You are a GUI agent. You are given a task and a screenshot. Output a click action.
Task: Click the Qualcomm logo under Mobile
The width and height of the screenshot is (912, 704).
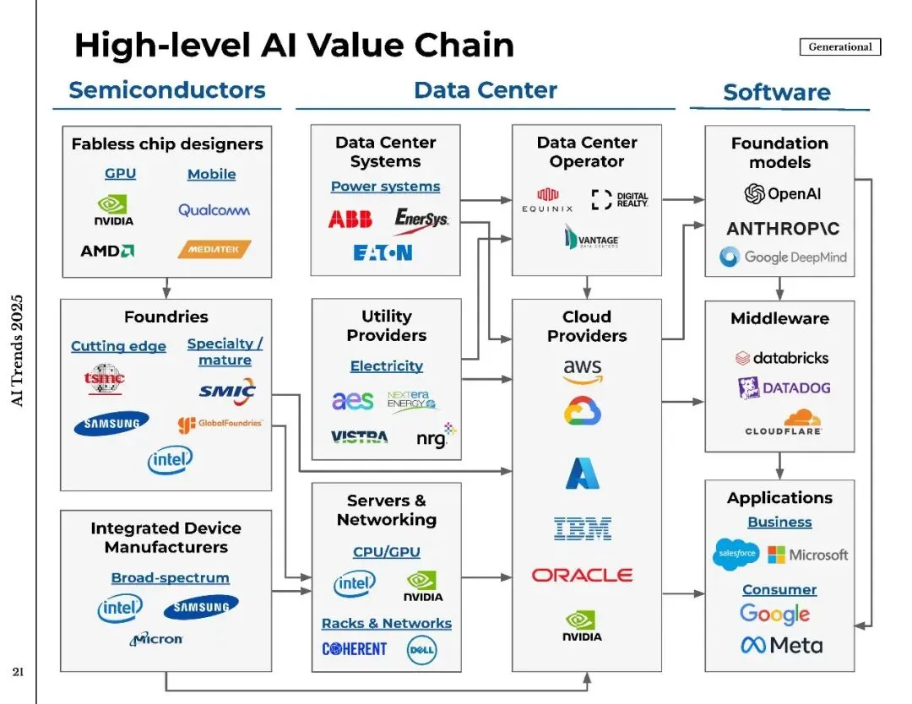(214, 210)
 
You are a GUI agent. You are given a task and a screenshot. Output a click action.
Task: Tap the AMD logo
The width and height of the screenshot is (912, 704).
(107, 251)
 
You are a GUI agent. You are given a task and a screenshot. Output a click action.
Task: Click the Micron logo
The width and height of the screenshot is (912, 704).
(156, 639)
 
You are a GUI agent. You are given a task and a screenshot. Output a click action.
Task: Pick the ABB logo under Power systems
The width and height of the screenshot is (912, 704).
(350, 220)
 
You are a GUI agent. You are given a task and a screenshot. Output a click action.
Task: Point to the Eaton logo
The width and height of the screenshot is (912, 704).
(383, 252)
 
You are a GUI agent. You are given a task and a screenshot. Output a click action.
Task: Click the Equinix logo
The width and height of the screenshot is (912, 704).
(548, 200)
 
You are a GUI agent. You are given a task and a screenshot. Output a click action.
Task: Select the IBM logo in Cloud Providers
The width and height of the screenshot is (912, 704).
(583, 529)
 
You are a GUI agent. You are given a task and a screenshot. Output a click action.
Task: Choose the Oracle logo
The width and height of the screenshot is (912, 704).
(582, 575)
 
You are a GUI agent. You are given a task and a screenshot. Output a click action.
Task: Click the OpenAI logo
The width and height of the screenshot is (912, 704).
(782, 194)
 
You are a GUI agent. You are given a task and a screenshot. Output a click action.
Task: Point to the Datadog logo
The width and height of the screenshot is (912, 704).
(784, 388)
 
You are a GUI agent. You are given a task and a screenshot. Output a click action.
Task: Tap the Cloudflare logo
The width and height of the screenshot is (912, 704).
(784, 422)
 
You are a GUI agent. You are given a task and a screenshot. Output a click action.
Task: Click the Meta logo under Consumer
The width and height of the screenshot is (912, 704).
(781, 646)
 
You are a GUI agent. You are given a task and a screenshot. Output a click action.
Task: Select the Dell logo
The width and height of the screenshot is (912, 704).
(421, 650)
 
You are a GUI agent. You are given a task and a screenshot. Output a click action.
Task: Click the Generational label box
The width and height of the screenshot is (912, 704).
(839, 47)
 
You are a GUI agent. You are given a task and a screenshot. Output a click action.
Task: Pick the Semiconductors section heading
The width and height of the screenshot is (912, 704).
(167, 90)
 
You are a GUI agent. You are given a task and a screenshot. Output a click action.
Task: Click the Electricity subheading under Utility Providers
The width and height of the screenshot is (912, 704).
(387, 366)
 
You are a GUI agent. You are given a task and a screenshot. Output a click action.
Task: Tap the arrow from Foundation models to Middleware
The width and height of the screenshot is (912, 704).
(779, 289)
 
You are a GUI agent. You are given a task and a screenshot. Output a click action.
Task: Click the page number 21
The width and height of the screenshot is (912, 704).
(18, 673)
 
